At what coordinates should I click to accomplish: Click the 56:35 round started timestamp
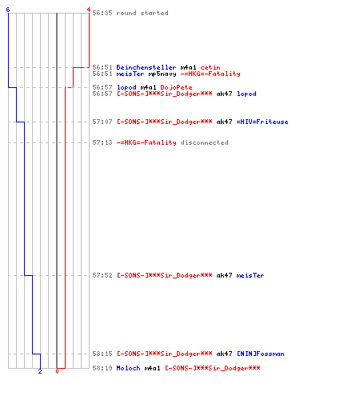click(102, 13)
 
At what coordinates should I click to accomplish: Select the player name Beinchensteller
click(146, 67)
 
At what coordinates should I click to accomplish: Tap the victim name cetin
click(210, 67)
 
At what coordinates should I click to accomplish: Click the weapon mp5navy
click(162, 74)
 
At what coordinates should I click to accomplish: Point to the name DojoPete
click(176, 87)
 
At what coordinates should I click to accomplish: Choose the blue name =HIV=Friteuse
click(262, 122)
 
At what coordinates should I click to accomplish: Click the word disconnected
click(204, 142)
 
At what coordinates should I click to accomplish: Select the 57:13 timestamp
click(102, 142)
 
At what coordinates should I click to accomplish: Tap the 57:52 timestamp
click(102, 275)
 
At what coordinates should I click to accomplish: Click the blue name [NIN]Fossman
click(260, 354)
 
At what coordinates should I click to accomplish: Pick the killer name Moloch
click(128, 368)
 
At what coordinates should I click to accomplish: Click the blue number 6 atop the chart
click(8, 10)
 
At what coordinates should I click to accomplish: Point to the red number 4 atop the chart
click(89, 10)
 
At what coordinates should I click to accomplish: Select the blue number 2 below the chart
click(40, 371)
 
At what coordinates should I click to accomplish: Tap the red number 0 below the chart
click(57, 371)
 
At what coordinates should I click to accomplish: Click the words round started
click(142, 13)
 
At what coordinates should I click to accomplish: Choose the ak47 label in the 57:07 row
click(224, 122)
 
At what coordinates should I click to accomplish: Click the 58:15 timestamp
click(102, 354)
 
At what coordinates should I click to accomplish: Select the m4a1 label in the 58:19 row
click(152, 368)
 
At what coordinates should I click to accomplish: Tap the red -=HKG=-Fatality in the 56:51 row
click(210, 74)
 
